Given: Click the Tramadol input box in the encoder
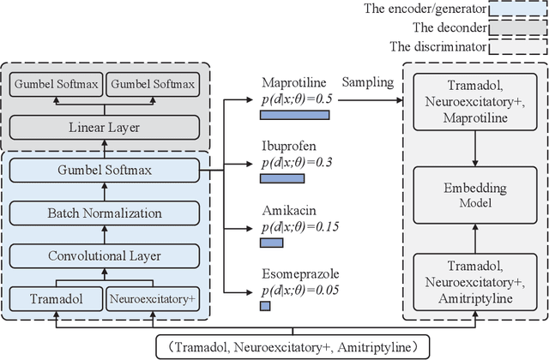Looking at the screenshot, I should (53, 300).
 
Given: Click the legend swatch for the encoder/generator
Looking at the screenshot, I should (516, 9).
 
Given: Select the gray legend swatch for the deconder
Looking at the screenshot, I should (516, 28).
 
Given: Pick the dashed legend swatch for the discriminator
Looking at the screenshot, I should (516, 47).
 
